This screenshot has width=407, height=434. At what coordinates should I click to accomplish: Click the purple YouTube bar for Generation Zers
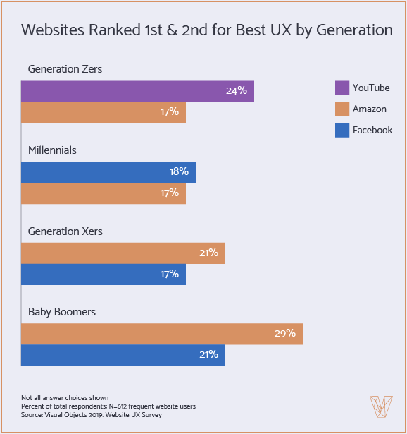coord(137,91)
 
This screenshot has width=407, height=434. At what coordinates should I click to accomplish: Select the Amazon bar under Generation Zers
coord(104,112)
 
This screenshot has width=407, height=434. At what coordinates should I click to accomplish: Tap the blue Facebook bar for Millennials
coord(108,172)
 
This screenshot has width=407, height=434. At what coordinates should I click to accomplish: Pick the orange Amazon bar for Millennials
coord(104,193)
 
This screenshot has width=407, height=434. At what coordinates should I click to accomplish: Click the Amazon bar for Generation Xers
coord(123,253)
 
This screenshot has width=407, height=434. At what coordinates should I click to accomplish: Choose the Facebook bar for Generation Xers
coord(104,274)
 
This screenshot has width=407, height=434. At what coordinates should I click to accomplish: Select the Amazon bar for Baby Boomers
coord(162,334)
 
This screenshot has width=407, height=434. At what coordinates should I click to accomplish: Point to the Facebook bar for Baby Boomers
coord(123,354)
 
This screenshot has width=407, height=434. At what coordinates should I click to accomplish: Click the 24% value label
coord(236,91)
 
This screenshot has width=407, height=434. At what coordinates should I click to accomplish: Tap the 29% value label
coord(284,334)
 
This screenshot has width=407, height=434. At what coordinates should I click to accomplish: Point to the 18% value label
coord(178,172)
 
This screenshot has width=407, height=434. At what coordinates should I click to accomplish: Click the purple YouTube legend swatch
coord(342,88)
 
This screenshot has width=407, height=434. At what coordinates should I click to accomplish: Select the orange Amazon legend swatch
coord(342,109)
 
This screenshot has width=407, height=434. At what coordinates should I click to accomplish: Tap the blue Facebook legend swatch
coord(342,130)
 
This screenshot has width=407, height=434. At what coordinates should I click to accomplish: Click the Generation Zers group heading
coord(65,69)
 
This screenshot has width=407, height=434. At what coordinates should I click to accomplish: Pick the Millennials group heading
coord(52,150)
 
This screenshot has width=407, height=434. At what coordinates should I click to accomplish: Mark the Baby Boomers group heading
coord(62,312)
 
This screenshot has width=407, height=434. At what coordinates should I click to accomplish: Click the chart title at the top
coord(207,30)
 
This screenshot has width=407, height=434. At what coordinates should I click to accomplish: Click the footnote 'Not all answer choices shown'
coord(65,399)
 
